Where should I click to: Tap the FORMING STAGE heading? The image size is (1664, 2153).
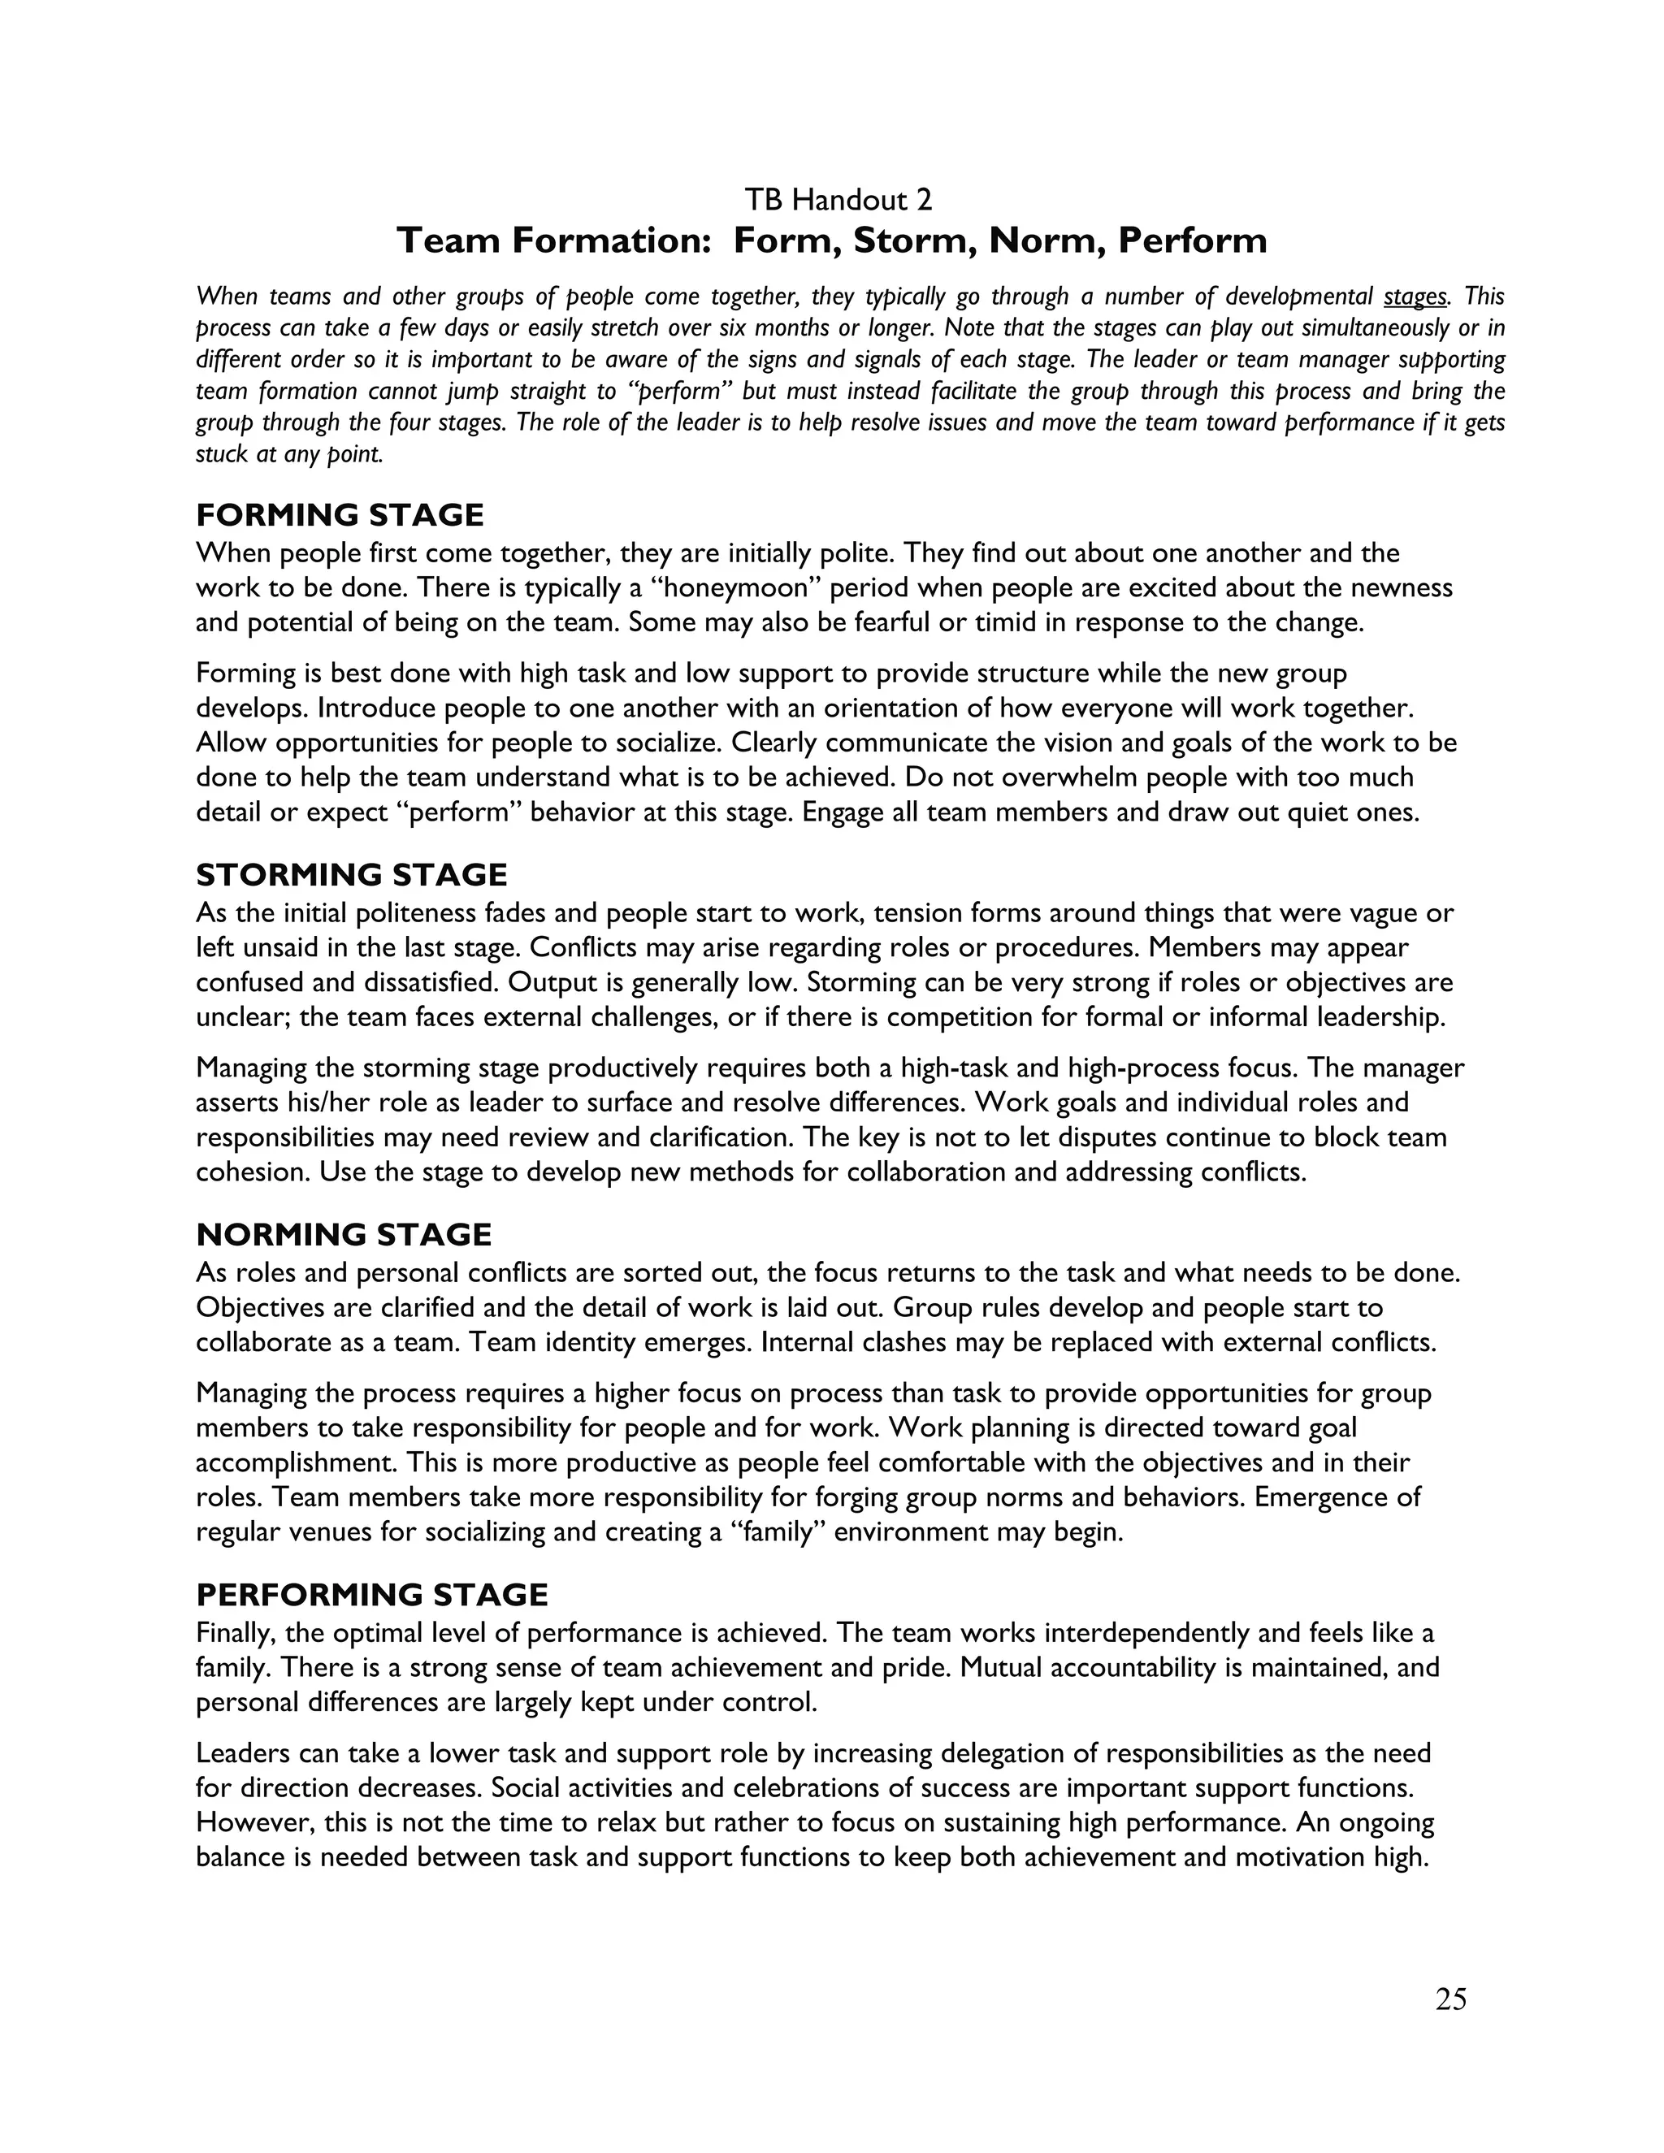tap(340, 514)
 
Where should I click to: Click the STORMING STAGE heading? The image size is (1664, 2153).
tap(352, 874)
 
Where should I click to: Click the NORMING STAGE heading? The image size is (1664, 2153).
tap(344, 1234)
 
